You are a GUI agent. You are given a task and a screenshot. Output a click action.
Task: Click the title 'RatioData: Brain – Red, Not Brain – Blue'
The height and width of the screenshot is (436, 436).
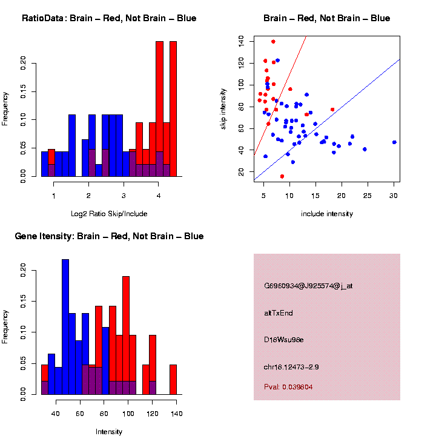click(109, 18)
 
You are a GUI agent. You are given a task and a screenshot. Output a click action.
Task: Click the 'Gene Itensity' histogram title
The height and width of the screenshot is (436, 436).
click(109, 236)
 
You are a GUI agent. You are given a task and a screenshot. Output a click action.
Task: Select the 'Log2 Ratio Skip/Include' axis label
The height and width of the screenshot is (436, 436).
click(109, 214)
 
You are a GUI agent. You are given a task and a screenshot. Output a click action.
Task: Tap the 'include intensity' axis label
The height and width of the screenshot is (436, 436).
click(327, 214)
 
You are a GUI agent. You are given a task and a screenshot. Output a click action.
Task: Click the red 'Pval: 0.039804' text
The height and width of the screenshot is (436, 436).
click(288, 386)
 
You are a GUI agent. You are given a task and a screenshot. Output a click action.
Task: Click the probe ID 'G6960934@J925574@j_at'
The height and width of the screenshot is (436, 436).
click(308, 286)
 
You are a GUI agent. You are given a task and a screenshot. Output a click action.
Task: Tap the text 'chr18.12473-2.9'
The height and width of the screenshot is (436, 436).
click(291, 366)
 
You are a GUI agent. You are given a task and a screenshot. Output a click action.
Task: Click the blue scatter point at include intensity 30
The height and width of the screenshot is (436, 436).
click(394, 142)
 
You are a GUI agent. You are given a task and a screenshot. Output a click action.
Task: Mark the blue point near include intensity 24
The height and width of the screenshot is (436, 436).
click(365, 149)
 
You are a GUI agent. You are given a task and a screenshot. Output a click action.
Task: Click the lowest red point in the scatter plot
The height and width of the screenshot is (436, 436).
click(282, 176)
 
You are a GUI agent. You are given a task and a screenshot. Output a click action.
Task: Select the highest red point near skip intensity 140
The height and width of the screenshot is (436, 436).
click(273, 42)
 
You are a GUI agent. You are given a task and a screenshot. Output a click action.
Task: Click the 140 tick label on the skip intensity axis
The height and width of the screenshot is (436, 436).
click(242, 41)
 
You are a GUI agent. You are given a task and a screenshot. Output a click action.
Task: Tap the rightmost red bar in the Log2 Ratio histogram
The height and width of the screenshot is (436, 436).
click(173, 109)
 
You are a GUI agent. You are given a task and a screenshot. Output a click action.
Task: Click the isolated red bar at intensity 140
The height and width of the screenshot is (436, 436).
click(173, 379)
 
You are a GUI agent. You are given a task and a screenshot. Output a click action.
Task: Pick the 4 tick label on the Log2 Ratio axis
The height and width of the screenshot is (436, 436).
click(159, 195)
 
